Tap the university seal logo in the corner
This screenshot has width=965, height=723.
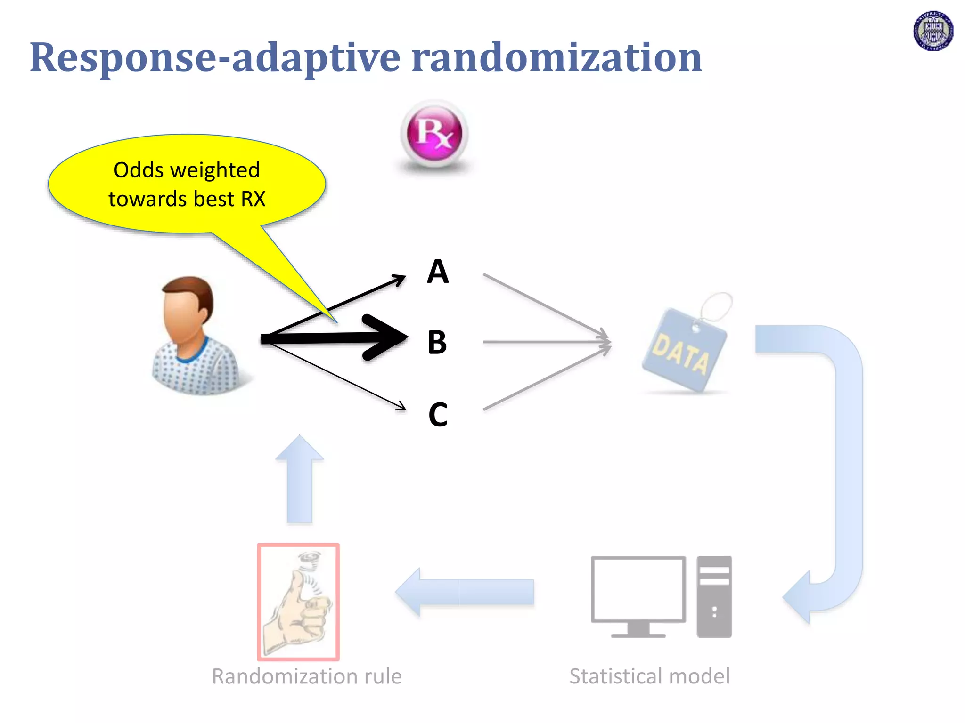click(933, 31)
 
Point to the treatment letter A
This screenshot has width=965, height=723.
click(438, 272)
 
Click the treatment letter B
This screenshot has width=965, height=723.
click(437, 342)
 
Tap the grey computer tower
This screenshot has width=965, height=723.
click(714, 596)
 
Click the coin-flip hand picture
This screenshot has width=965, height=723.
click(298, 602)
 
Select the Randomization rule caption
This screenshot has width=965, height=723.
click(307, 676)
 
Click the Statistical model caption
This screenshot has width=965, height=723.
click(649, 676)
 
